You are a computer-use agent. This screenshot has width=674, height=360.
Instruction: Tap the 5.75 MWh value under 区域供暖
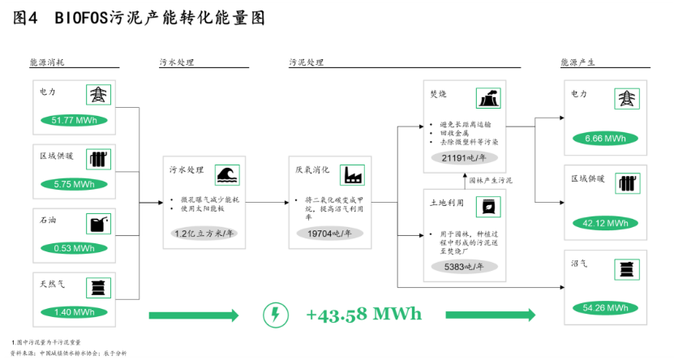[74, 184]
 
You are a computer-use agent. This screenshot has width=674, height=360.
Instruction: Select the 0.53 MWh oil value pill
[74, 247]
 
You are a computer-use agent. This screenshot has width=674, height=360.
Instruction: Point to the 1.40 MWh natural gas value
[74, 311]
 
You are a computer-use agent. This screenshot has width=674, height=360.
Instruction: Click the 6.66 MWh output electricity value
[605, 138]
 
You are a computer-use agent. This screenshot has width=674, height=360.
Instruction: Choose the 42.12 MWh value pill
[605, 223]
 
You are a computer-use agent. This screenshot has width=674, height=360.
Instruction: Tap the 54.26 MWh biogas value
[605, 307]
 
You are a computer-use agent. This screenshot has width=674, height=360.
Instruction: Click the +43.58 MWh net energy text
[364, 314]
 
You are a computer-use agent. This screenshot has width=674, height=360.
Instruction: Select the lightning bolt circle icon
[277, 314]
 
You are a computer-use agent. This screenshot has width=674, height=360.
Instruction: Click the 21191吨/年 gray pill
[464, 158]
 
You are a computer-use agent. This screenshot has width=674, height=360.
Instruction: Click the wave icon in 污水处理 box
[226, 175]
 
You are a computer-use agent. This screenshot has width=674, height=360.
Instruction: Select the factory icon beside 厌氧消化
[353, 175]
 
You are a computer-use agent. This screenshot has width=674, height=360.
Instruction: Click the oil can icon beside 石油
[99, 222]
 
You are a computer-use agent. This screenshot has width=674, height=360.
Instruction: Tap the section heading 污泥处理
[306, 62]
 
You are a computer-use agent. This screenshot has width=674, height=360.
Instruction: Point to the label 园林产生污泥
[492, 180]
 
